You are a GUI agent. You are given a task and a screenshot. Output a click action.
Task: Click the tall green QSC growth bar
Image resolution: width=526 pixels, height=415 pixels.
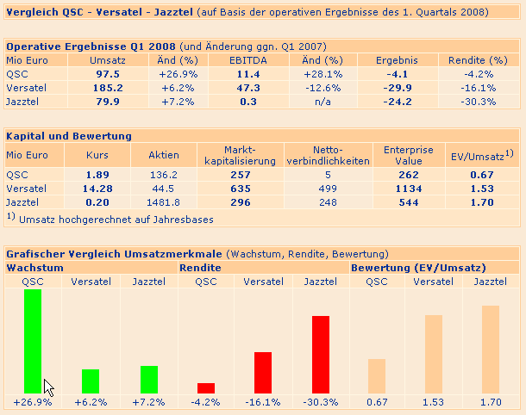[33, 340]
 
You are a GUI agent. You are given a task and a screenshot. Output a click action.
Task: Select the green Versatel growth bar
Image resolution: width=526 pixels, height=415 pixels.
[91, 381]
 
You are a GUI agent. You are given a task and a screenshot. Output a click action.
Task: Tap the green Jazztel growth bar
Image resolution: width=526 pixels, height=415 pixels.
[149, 379]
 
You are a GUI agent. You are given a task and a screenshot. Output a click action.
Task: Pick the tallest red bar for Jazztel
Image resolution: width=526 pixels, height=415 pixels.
[321, 354]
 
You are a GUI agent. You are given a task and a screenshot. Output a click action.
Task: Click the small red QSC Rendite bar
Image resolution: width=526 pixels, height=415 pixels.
[206, 387]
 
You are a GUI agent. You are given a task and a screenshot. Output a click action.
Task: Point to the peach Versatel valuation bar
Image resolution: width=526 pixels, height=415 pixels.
[434, 353]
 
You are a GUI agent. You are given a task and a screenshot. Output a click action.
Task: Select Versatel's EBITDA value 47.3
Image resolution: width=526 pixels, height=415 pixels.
[248, 88]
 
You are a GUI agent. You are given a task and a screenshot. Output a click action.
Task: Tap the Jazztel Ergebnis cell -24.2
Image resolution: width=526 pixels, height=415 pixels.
[398, 102]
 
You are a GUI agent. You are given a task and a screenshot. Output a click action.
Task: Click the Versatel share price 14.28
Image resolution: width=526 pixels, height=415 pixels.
[97, 188]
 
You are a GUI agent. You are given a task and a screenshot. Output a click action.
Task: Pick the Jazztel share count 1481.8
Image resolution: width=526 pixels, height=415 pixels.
[164, 201]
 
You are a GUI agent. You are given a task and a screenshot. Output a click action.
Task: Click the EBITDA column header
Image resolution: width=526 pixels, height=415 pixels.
[248, 60]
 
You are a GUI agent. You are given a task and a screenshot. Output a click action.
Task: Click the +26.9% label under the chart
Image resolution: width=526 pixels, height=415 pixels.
[33, 402]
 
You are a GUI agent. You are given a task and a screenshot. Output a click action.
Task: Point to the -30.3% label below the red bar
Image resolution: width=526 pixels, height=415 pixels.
[321, 402]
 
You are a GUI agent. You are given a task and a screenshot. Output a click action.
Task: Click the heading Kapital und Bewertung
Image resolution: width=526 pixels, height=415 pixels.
[68, 136]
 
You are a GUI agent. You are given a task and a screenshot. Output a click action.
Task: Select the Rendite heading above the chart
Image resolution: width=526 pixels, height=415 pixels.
[200, 268]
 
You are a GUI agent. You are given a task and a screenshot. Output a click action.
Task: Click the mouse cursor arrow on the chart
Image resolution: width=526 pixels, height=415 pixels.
[47, 387]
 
